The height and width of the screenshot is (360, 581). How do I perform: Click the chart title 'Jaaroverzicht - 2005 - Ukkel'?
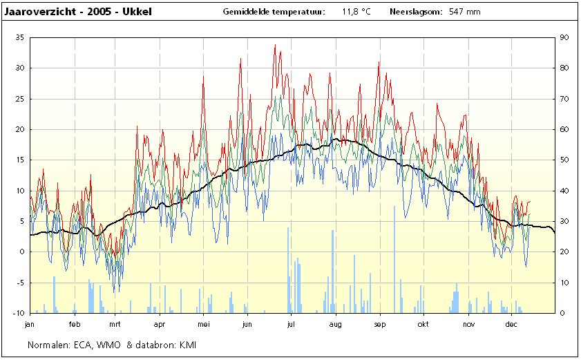click(78, 12)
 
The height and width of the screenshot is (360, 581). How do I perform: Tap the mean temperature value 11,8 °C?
click(356, 12)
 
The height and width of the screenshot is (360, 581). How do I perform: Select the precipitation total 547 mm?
click(465, 12)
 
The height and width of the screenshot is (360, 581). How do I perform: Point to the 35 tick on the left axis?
click(19, 37)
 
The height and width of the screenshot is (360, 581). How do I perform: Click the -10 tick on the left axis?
click(19, 313)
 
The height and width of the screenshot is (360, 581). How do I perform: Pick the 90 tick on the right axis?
click(564, 37)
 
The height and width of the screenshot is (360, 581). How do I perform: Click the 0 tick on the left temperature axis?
click(22, 252)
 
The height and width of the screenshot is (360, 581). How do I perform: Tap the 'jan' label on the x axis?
click(29, 324)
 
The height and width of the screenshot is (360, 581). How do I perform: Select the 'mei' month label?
click(203, 324)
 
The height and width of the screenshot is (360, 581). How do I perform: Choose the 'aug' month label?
click(335, 324)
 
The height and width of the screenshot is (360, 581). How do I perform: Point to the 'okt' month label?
click(423, 324)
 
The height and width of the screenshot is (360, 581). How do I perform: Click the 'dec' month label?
click(511, 324)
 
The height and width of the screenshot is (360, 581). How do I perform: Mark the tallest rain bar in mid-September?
click(394, 260)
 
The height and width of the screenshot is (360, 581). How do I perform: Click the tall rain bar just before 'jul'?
click(288, 270)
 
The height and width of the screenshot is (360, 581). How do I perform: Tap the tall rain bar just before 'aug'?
click(332, 272)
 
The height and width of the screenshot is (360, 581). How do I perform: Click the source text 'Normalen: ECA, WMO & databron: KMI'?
click(112, 345)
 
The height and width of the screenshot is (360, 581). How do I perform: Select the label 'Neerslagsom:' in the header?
click(416, 12)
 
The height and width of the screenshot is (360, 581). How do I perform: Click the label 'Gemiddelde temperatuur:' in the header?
click(274, 12)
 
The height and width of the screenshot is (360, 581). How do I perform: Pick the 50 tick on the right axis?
click(564, 160)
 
